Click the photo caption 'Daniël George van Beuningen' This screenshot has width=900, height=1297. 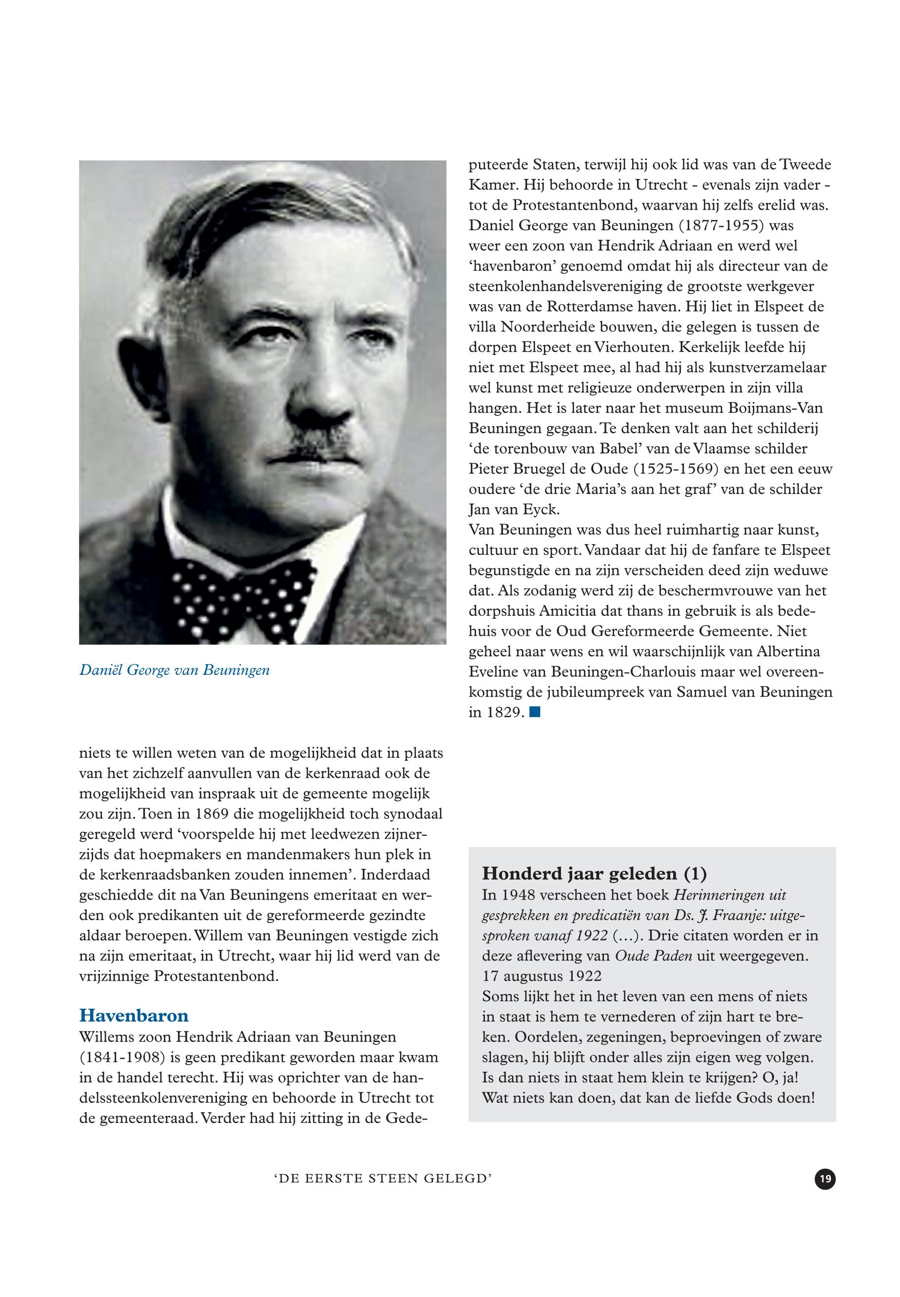[174, 670]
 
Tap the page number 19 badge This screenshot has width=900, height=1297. [825, 1179]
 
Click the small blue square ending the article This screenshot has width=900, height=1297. [535, 712]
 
